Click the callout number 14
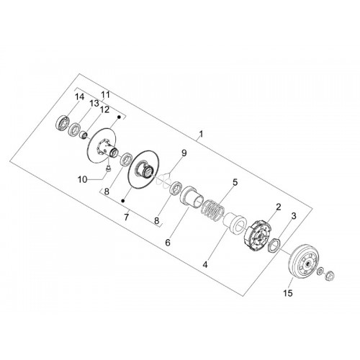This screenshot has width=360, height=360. click(x=79, y=97)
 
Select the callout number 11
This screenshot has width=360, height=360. click(x=105, y=95)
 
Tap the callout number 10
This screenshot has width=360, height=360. click(x=82, y=179)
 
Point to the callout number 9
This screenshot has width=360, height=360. click(x=184, y=153)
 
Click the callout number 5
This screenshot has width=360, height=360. click(x=235, y=182)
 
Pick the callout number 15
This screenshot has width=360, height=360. click(x=288, y=293)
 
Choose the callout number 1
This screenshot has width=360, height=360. click(x=201, y=134)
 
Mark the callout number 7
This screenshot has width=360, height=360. click(x=126, y=217)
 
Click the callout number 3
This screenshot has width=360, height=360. click(x=294, y=216)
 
